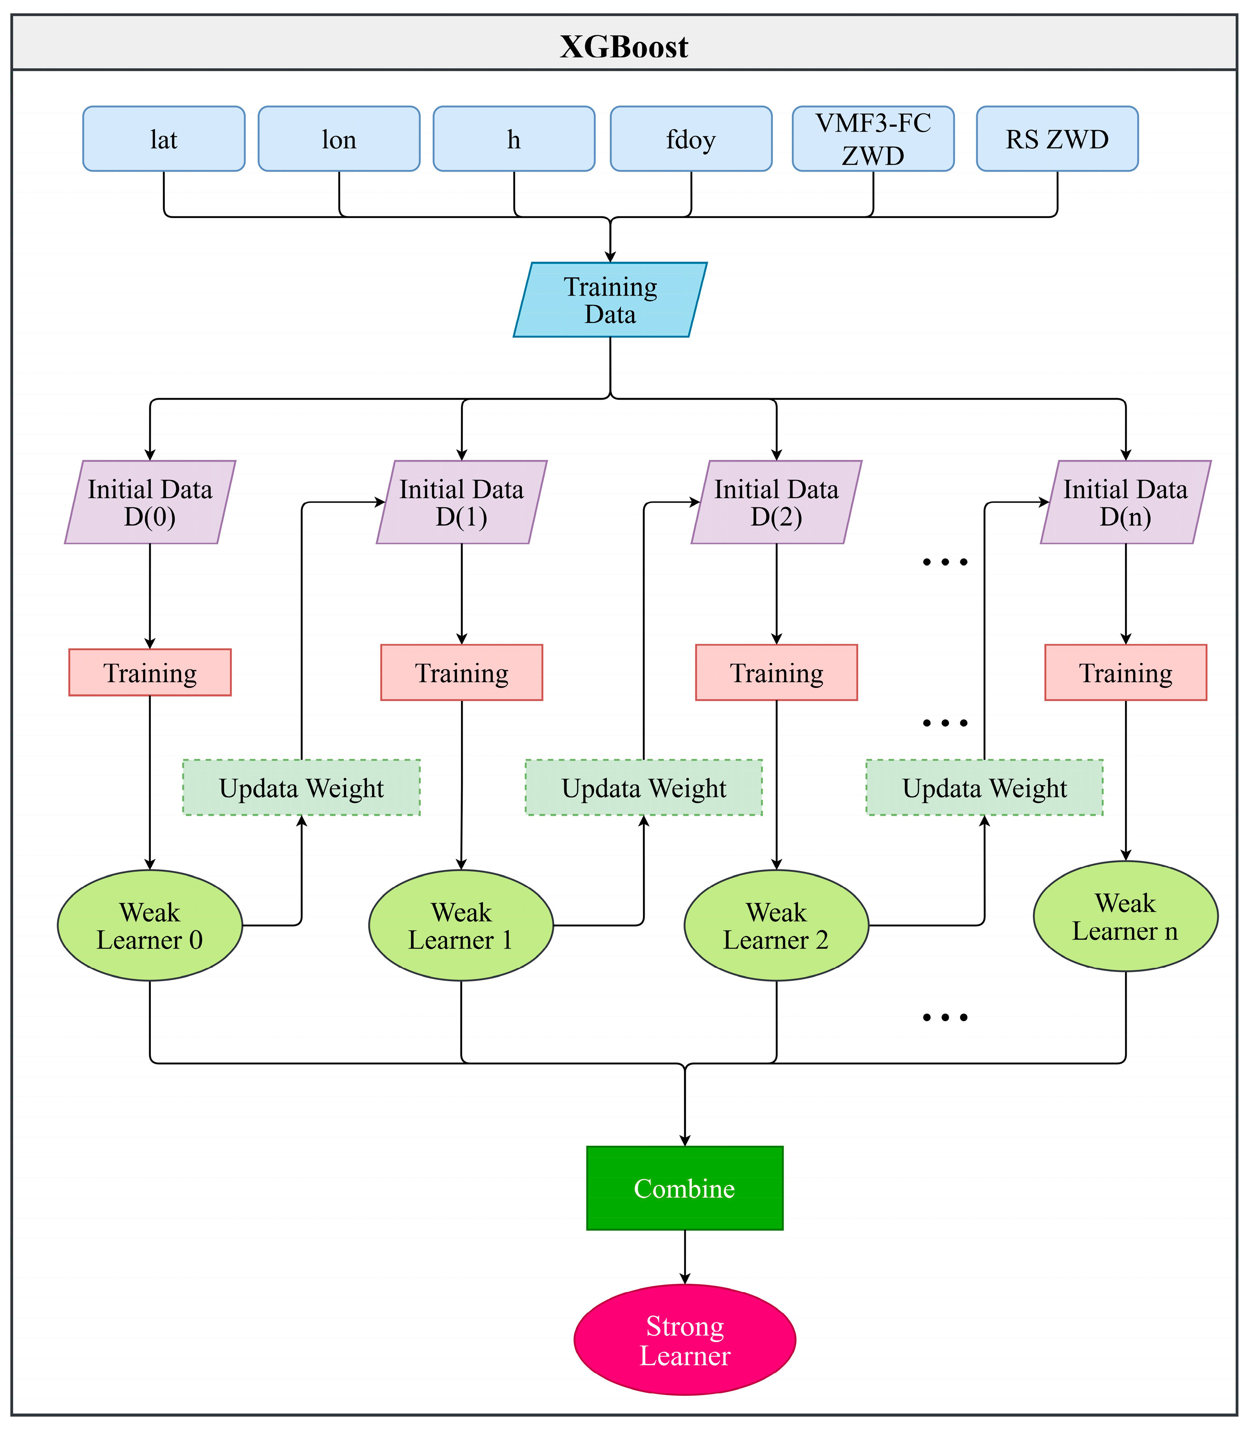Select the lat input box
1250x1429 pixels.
pos(164,139)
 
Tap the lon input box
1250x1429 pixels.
pos(339,139)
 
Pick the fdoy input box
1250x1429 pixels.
pos(691,139)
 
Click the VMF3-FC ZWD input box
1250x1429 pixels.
pos(873,139)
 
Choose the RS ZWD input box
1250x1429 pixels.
pos(1057,139)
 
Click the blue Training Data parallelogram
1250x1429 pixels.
pos(610,300)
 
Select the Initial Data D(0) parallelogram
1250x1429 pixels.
pos(150,503)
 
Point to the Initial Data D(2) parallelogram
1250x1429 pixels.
pos(776,503)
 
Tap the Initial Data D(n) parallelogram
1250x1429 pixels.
pos(1125,503)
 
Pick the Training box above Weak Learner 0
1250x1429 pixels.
pos(150,673)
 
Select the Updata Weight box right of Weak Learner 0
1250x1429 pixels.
pos(301,788)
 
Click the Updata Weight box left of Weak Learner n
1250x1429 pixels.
pos(984,788)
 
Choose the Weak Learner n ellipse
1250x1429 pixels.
pos(1125,916)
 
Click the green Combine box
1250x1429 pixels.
pos(684,1188)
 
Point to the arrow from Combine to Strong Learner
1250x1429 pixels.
pos(685,1256)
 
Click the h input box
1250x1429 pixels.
pos(514,139)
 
